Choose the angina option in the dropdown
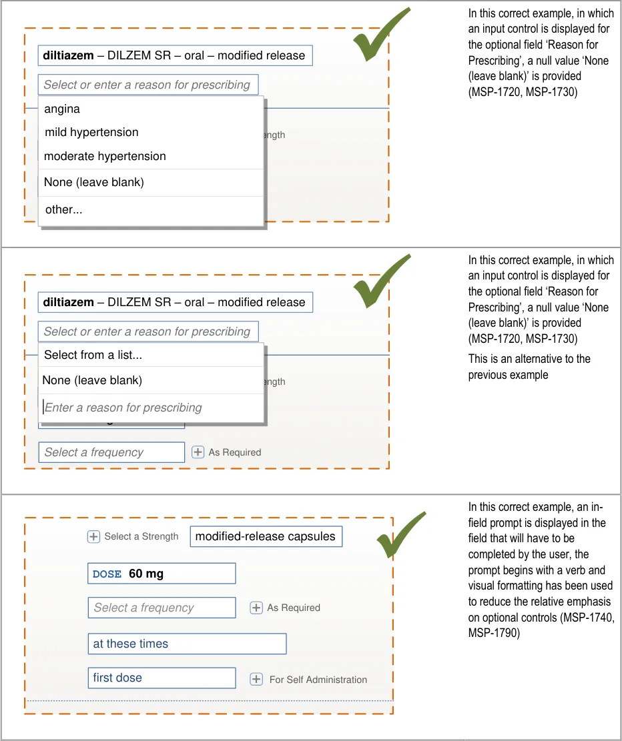(62, 109)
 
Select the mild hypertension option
(91, 132)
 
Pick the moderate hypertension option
(105, 156)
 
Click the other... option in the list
(63, 209)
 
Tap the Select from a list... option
(93, 355)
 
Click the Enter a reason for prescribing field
(123, 408)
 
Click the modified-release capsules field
(266, 536)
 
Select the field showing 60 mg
(162, 574)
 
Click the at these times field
(187, 644)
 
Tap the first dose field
(162, 678)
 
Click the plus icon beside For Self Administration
(256, 679)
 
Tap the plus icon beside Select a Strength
(94, 536)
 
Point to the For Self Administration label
(318, 680)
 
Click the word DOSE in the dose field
(107, 574)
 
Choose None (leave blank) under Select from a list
(92, 380)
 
